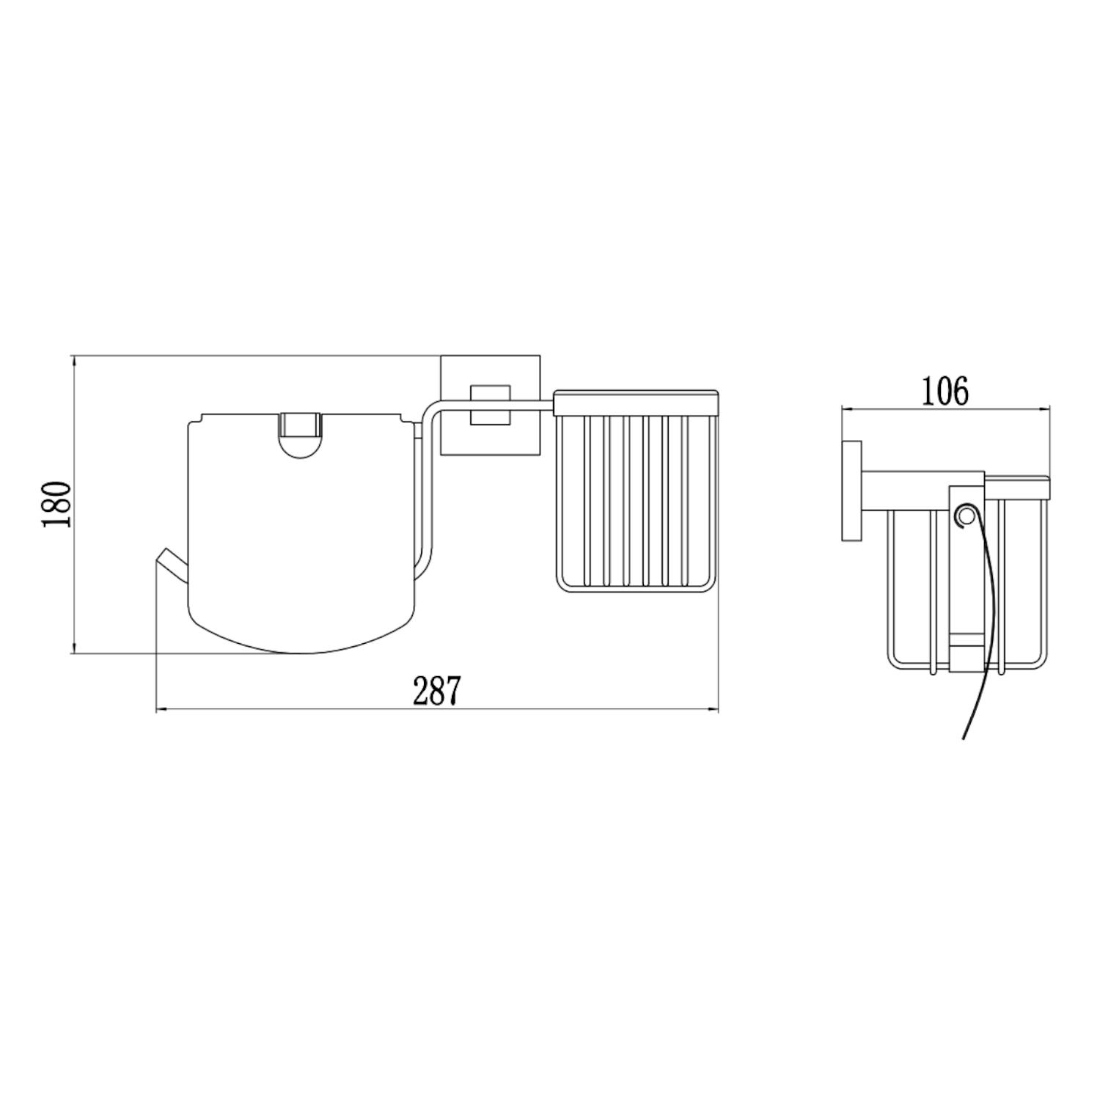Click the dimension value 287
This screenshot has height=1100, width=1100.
coord(436,691)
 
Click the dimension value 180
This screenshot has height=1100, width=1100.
coord(57,504)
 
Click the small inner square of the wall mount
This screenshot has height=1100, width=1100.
coord(490,403)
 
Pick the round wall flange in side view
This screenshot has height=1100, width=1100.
coord(851,491)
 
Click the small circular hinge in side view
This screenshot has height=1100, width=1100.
coord(965,516)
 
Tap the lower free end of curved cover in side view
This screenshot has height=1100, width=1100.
coord(964,736)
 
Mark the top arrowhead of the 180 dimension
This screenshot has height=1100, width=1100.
coord(74,359)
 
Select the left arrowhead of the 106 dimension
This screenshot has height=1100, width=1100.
coord(845,408)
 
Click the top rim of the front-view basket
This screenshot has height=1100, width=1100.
coord(636,403)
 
